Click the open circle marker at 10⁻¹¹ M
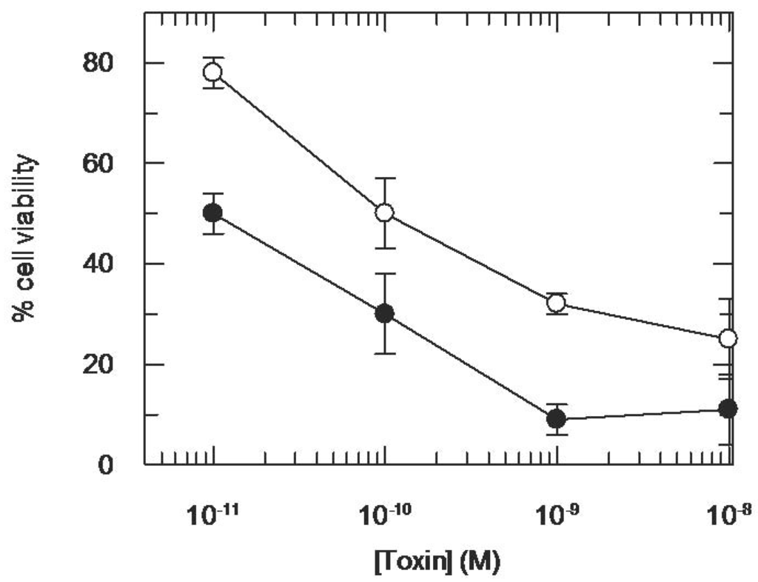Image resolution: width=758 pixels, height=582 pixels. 213,72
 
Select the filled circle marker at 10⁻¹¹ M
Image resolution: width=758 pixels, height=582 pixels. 213,213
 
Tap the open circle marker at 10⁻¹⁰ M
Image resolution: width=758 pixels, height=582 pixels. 384,213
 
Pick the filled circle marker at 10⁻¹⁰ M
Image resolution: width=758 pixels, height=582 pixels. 384,313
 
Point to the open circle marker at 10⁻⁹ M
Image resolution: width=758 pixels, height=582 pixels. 556,303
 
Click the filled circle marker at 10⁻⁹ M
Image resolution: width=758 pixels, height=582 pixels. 556,419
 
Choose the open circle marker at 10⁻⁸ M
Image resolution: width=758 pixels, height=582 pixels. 728,338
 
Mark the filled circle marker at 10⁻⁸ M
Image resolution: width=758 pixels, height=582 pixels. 728,409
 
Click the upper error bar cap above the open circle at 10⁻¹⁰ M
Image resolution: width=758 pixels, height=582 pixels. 384,178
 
